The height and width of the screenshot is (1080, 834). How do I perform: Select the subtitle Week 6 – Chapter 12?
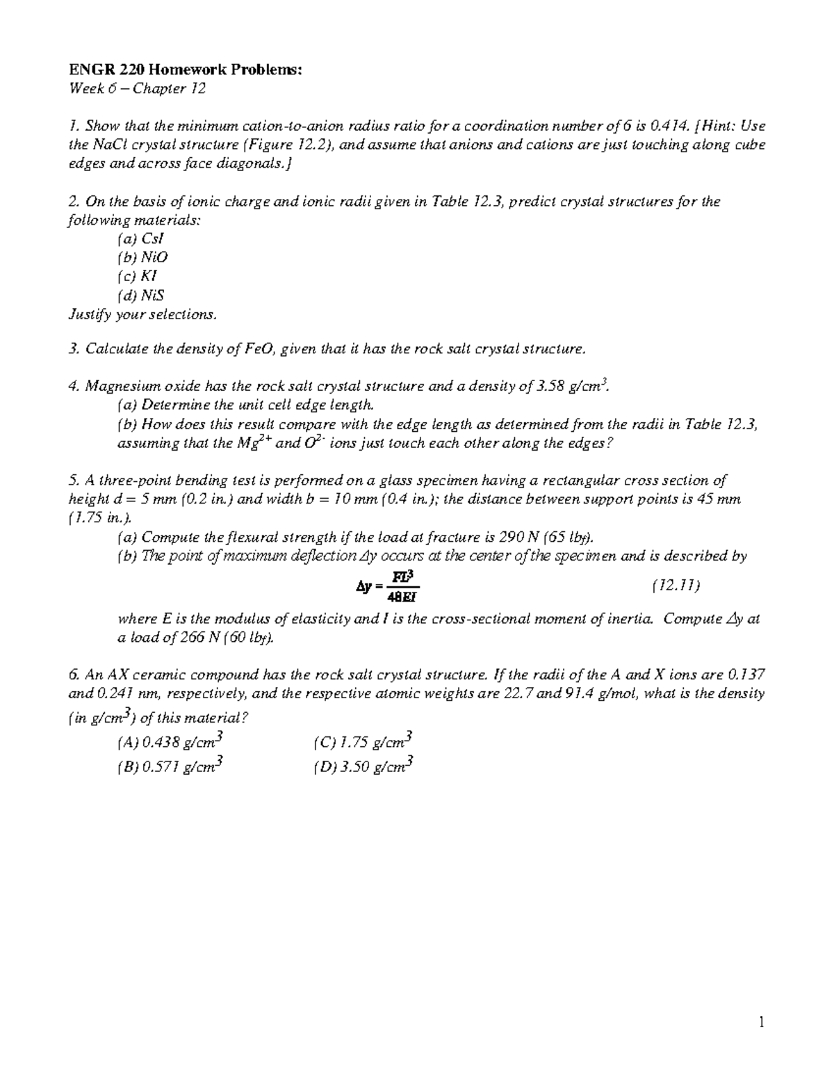[x=137, y=88]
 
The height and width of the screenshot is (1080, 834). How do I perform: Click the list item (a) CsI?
[x=141, y=239]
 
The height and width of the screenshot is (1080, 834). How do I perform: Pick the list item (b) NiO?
[x=143, y=257]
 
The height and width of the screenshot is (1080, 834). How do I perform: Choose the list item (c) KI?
[x=138, y=276]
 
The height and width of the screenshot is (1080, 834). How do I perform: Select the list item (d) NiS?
[x=141, y=295]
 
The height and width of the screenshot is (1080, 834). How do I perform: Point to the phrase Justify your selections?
[x=142, y=314]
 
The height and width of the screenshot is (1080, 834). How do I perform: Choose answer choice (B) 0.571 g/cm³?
[x=171, y=767]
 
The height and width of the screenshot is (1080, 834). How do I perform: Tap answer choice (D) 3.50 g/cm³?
[x=364, y=767]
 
